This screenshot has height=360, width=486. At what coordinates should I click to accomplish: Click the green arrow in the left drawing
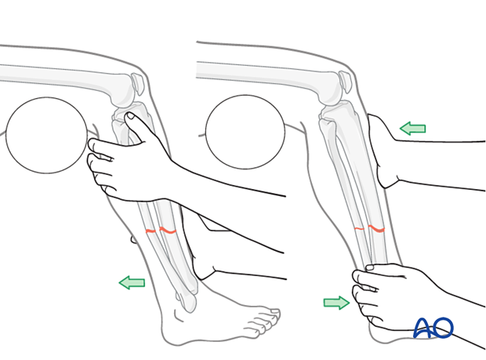click(132, 282)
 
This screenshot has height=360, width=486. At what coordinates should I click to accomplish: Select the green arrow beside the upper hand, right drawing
click(412, 129)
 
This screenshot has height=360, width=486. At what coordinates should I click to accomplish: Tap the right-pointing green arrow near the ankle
click(336, 303)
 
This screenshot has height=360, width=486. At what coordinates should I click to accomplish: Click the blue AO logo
click(433, 327)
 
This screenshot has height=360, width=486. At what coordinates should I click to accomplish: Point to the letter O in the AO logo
click(443, 327)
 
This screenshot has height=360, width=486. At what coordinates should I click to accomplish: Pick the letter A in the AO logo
click(423, 329)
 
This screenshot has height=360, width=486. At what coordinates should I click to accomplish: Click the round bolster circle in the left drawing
click(46, 135)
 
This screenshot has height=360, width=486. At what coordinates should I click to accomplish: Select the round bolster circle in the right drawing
click(244, 131)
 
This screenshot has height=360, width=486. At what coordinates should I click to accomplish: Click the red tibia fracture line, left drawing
click(167, 231)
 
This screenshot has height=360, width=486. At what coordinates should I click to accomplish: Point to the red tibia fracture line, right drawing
click(376, 229)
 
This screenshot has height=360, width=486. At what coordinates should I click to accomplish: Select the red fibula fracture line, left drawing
click(151, 231)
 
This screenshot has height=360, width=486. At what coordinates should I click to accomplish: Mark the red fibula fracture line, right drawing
click(359, 228)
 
